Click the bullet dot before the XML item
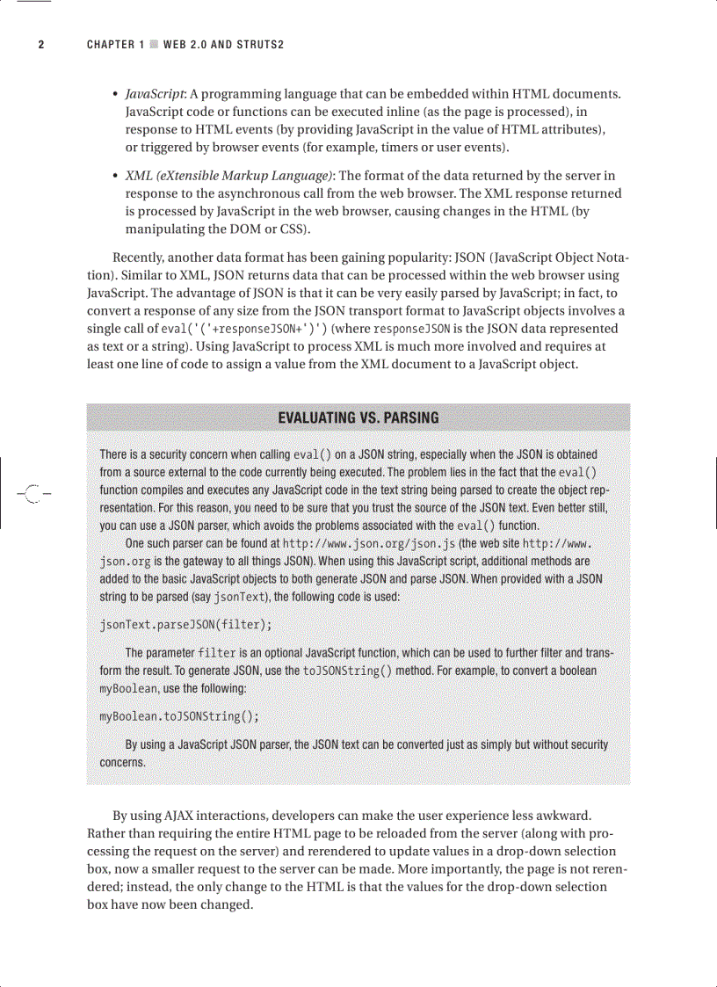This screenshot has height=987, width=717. (116, 176)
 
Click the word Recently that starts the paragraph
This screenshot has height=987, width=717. (139, 258)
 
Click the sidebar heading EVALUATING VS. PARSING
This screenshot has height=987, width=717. (358, 417)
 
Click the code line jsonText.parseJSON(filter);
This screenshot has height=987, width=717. (185, 625)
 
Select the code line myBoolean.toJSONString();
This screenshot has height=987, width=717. (179, 715)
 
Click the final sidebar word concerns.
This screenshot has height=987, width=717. (122, 762)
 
